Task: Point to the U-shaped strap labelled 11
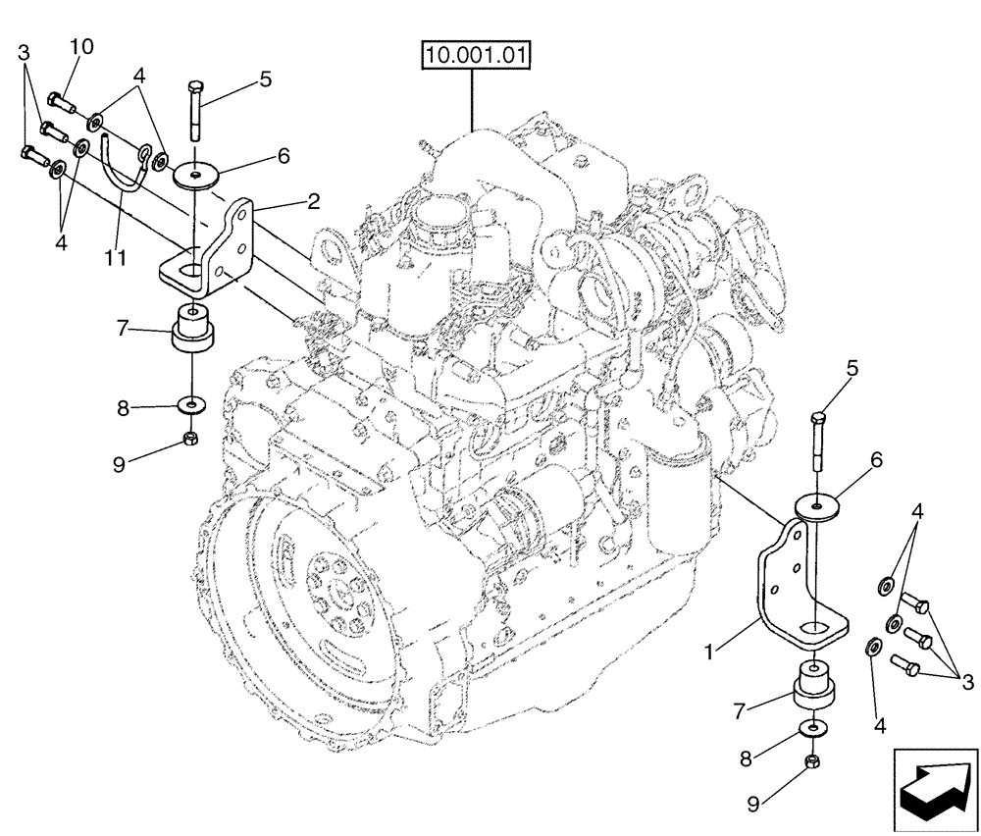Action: pyautogui.click(x=119, y=173)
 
